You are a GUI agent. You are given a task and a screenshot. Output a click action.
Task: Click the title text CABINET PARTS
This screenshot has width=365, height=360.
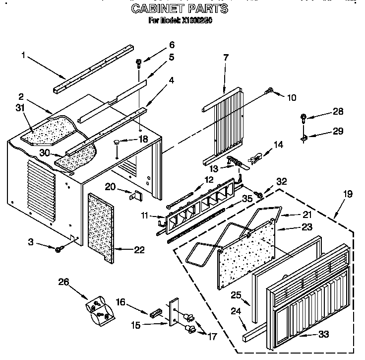[x=180, y=8]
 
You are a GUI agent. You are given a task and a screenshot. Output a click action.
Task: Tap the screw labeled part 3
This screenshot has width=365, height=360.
[x=59, y=248]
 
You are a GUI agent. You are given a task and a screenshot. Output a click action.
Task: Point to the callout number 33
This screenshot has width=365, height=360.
[x=323, y=335]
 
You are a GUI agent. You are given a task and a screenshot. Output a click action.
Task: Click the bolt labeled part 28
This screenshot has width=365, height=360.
[x=304, y=118]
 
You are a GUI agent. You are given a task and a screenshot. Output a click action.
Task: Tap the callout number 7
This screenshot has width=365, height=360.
[x=226, y=58]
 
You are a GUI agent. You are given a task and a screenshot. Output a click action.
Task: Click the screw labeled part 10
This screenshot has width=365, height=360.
[x=270, y=91]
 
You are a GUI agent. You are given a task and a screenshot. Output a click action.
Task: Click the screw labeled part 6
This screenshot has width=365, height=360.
[x=139, y=63]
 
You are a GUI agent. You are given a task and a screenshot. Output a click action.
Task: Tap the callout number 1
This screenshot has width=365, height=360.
[x=23, y=56]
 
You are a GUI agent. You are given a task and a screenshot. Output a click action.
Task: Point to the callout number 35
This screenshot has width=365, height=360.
[x=247, y=198]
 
